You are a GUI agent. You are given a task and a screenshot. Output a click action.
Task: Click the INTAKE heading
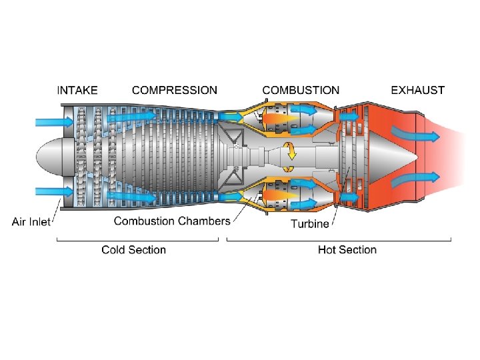coord(77,90)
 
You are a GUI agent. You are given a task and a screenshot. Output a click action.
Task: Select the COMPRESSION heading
coord(175,90)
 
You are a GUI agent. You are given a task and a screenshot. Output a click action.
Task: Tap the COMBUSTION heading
coord(301,90)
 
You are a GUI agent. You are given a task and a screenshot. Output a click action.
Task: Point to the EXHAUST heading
coord(417,90)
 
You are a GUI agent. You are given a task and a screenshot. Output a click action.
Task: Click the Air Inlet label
coord(31,222)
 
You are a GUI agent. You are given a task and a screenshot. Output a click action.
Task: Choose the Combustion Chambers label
coord(172,221)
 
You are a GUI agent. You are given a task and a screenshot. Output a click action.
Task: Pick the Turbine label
coord(309,223)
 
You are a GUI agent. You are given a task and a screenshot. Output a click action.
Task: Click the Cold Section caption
coord(133,250)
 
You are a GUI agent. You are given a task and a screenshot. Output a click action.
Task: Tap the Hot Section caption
coord(347,250)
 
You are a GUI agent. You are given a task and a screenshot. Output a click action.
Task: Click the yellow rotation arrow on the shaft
coord(291,151)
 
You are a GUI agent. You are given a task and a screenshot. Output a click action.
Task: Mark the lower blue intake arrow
coord(50,192)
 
